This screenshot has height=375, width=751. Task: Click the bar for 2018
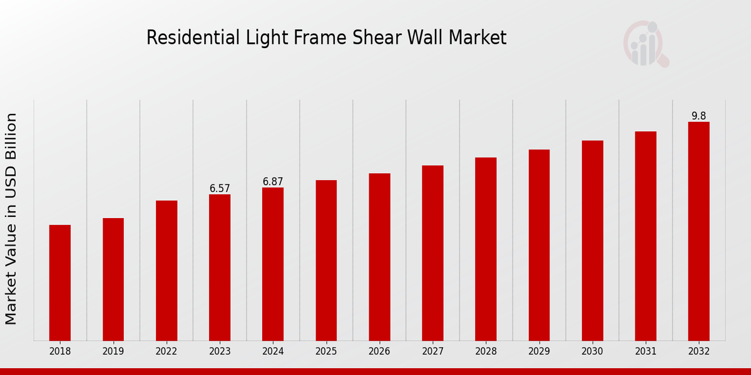coord(60,282)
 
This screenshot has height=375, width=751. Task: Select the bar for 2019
coord(113,279)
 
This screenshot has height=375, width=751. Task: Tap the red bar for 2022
coord(166,271)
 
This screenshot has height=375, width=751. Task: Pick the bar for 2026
coord(379,257)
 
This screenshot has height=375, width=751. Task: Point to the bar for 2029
coord(539,245)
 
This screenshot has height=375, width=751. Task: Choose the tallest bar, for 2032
coord(698,231)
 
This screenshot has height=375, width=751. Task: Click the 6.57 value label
coord(220,188)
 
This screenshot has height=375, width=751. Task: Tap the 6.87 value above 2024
coord(273,181)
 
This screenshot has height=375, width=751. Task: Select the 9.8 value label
coord(698,116)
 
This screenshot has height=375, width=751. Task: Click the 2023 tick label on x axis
coord(220,352)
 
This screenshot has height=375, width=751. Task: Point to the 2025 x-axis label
coord(326,352)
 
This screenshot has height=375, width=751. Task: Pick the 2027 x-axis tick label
coord(432,352)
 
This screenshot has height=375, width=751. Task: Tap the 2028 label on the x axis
coord(486,352)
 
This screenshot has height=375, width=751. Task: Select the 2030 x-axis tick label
coord(592,352)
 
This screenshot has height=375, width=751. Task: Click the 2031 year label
coord(645,352)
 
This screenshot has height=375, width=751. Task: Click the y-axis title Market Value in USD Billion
coord(11,219)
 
